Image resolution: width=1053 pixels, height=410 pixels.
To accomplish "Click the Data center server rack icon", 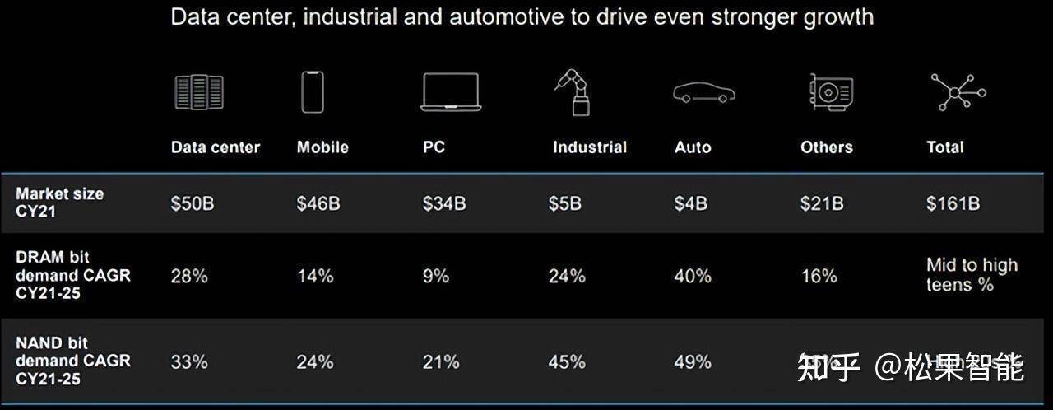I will click(199, 92).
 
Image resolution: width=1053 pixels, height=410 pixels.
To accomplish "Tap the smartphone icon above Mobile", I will click(313, 92).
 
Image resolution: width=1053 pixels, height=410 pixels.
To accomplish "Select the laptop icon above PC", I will click(450, 92).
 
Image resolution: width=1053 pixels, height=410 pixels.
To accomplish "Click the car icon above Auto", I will click(703, 93).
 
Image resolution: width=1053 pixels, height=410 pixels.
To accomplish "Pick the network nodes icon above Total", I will click(958, 91).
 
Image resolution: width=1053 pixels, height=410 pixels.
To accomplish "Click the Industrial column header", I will click(589, 147).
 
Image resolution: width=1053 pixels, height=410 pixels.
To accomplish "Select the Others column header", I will click(826, 147).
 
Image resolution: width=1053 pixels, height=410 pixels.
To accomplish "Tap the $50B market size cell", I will click(193, 203).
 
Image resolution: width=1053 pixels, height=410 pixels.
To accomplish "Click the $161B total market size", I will click(953, 203).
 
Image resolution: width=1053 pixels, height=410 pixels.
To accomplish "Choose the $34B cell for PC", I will click(444, 203).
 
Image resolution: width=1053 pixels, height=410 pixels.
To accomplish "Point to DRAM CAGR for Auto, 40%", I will click(693, 276).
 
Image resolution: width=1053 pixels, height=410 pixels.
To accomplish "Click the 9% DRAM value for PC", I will click(436, 276).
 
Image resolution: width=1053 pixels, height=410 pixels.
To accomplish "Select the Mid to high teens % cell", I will click(972, 275).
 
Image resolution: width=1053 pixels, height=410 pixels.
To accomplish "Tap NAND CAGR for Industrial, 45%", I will click(567, 361).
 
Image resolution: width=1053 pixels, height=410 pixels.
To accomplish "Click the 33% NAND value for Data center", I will click(189, 361).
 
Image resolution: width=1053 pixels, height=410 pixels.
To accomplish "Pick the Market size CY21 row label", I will click(59, 203).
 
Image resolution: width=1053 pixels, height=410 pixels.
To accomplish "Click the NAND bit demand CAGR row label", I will click(72, 361).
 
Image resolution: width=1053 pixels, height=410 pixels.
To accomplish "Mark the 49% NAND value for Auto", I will click(693, 361).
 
